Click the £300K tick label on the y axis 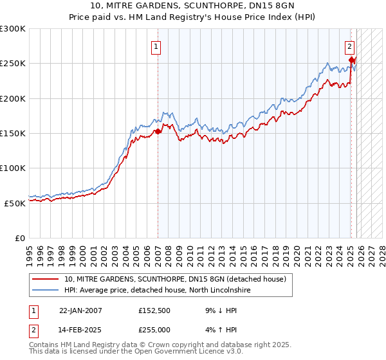[x=13, y=29]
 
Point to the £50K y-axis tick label [x=15, y=203]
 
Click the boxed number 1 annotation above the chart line [x=156, y=46]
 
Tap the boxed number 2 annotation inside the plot [x=349, y=46]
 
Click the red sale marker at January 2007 [x=158, y=132]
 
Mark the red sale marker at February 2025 [x=352, y=60]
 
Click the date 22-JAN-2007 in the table [x=80, y=310]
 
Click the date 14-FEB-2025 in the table [x=80, y=330]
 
